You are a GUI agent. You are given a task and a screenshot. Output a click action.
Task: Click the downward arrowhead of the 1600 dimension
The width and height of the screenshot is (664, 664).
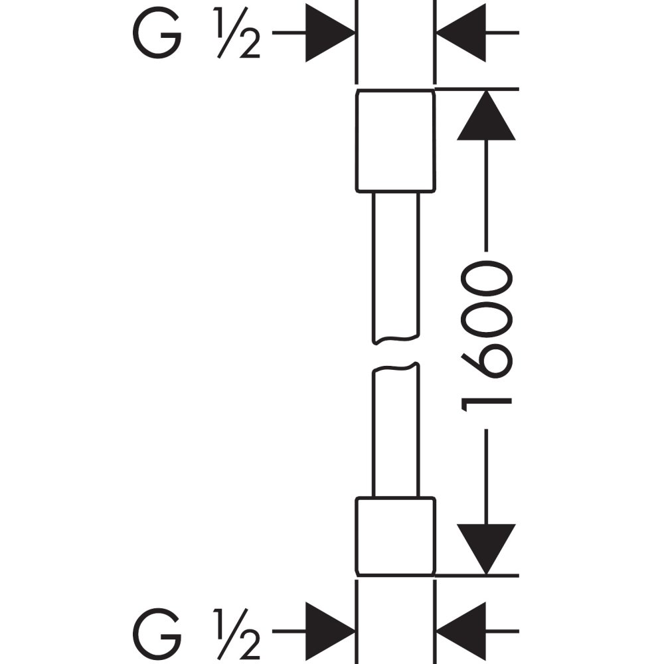click(487, 548)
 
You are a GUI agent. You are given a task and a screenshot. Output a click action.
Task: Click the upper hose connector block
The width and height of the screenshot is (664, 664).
click(396, 141)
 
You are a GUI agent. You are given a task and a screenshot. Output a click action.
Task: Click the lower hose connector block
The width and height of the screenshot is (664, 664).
click(396, 536)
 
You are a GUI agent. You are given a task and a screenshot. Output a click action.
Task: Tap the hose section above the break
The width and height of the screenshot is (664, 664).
click(396, 266)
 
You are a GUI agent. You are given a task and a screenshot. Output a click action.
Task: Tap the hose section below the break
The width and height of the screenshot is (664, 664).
click(396, 432)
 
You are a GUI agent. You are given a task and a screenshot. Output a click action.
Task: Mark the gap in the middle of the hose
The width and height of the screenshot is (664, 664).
click(396, 353)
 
